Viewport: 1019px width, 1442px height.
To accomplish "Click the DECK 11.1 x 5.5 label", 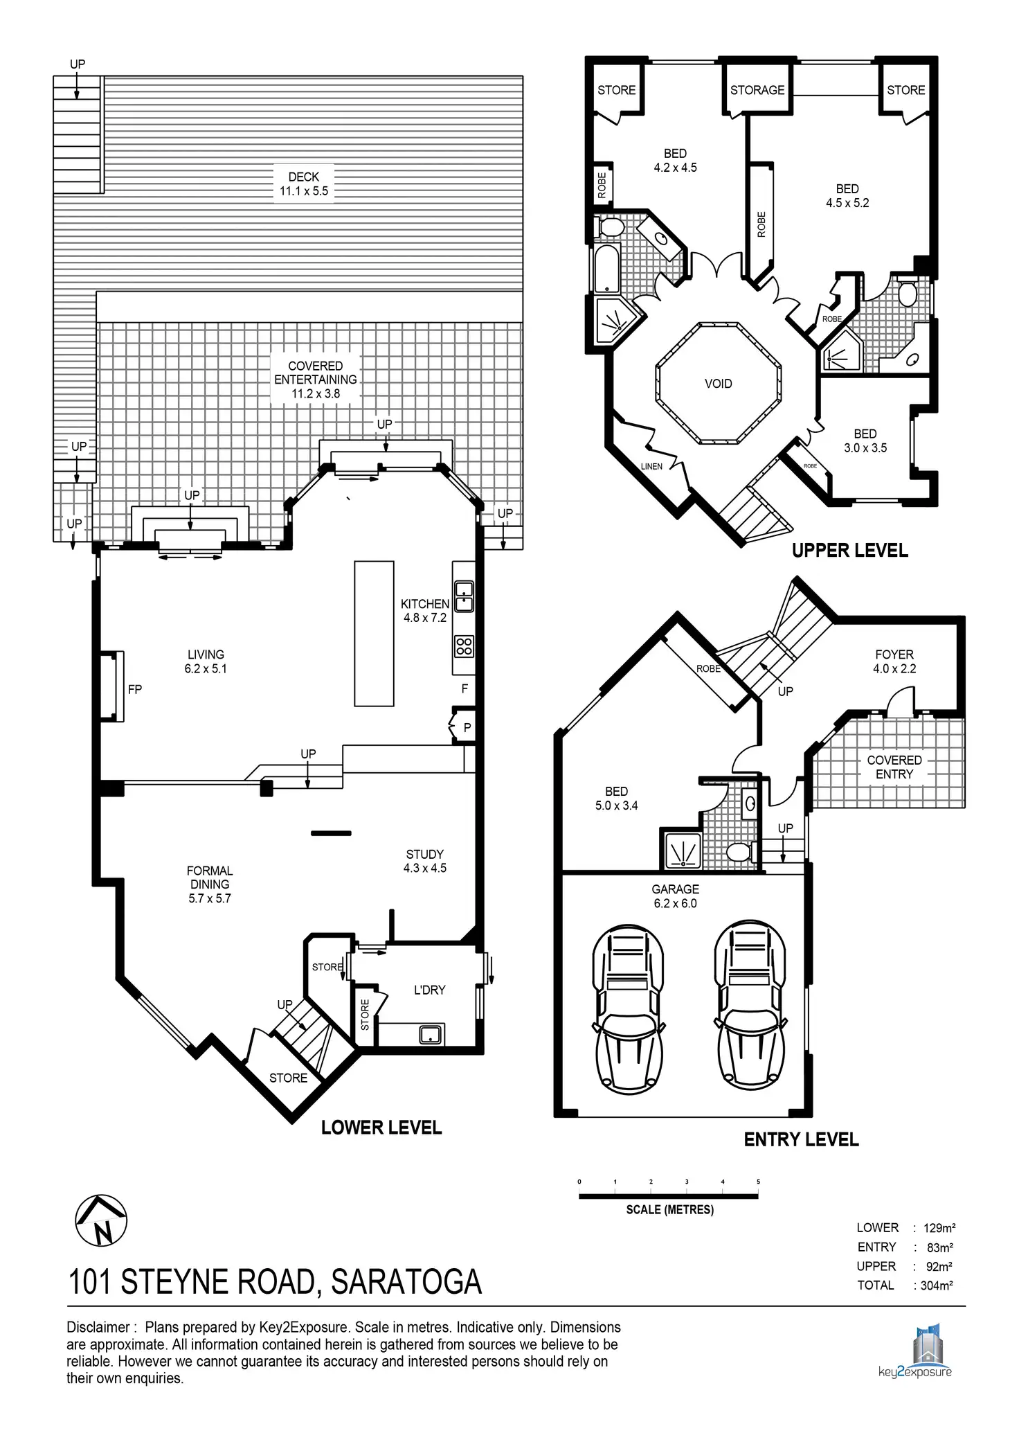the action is [304, 184].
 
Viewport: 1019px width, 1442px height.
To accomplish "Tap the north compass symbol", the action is [101, 1220].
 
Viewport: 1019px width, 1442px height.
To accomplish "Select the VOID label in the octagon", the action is [718, 384].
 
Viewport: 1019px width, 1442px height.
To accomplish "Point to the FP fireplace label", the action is [135, 689].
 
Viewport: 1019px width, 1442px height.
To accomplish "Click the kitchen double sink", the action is [464, 597].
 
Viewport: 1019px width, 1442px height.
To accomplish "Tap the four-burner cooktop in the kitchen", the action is [464, 647].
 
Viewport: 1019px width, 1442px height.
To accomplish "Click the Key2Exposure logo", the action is [914, 1351].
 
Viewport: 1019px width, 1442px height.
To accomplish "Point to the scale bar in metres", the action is [669, 1195].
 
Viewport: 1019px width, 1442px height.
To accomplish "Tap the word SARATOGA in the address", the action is [406, 1282].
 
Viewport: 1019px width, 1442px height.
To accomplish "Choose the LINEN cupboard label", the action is [651, 466].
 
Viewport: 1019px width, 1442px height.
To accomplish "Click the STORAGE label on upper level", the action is [757, 90].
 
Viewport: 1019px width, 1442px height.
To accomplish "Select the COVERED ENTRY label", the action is [894, 767].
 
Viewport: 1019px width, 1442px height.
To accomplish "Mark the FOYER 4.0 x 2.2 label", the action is [894, 661].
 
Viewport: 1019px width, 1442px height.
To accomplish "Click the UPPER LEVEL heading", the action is [849, 551].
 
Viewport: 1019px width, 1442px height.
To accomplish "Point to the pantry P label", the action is [467, 728].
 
